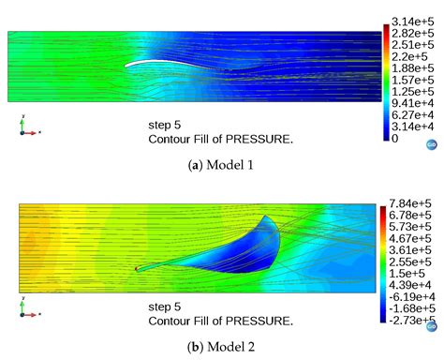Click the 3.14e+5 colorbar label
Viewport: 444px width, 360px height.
(412, 22)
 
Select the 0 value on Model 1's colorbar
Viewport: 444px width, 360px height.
(395, 138)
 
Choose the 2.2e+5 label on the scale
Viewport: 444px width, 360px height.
(408, 56)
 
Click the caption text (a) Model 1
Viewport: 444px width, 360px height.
(221, 166)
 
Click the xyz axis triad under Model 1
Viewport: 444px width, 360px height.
(26, 127)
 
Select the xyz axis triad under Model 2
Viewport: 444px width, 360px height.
(26, 307)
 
